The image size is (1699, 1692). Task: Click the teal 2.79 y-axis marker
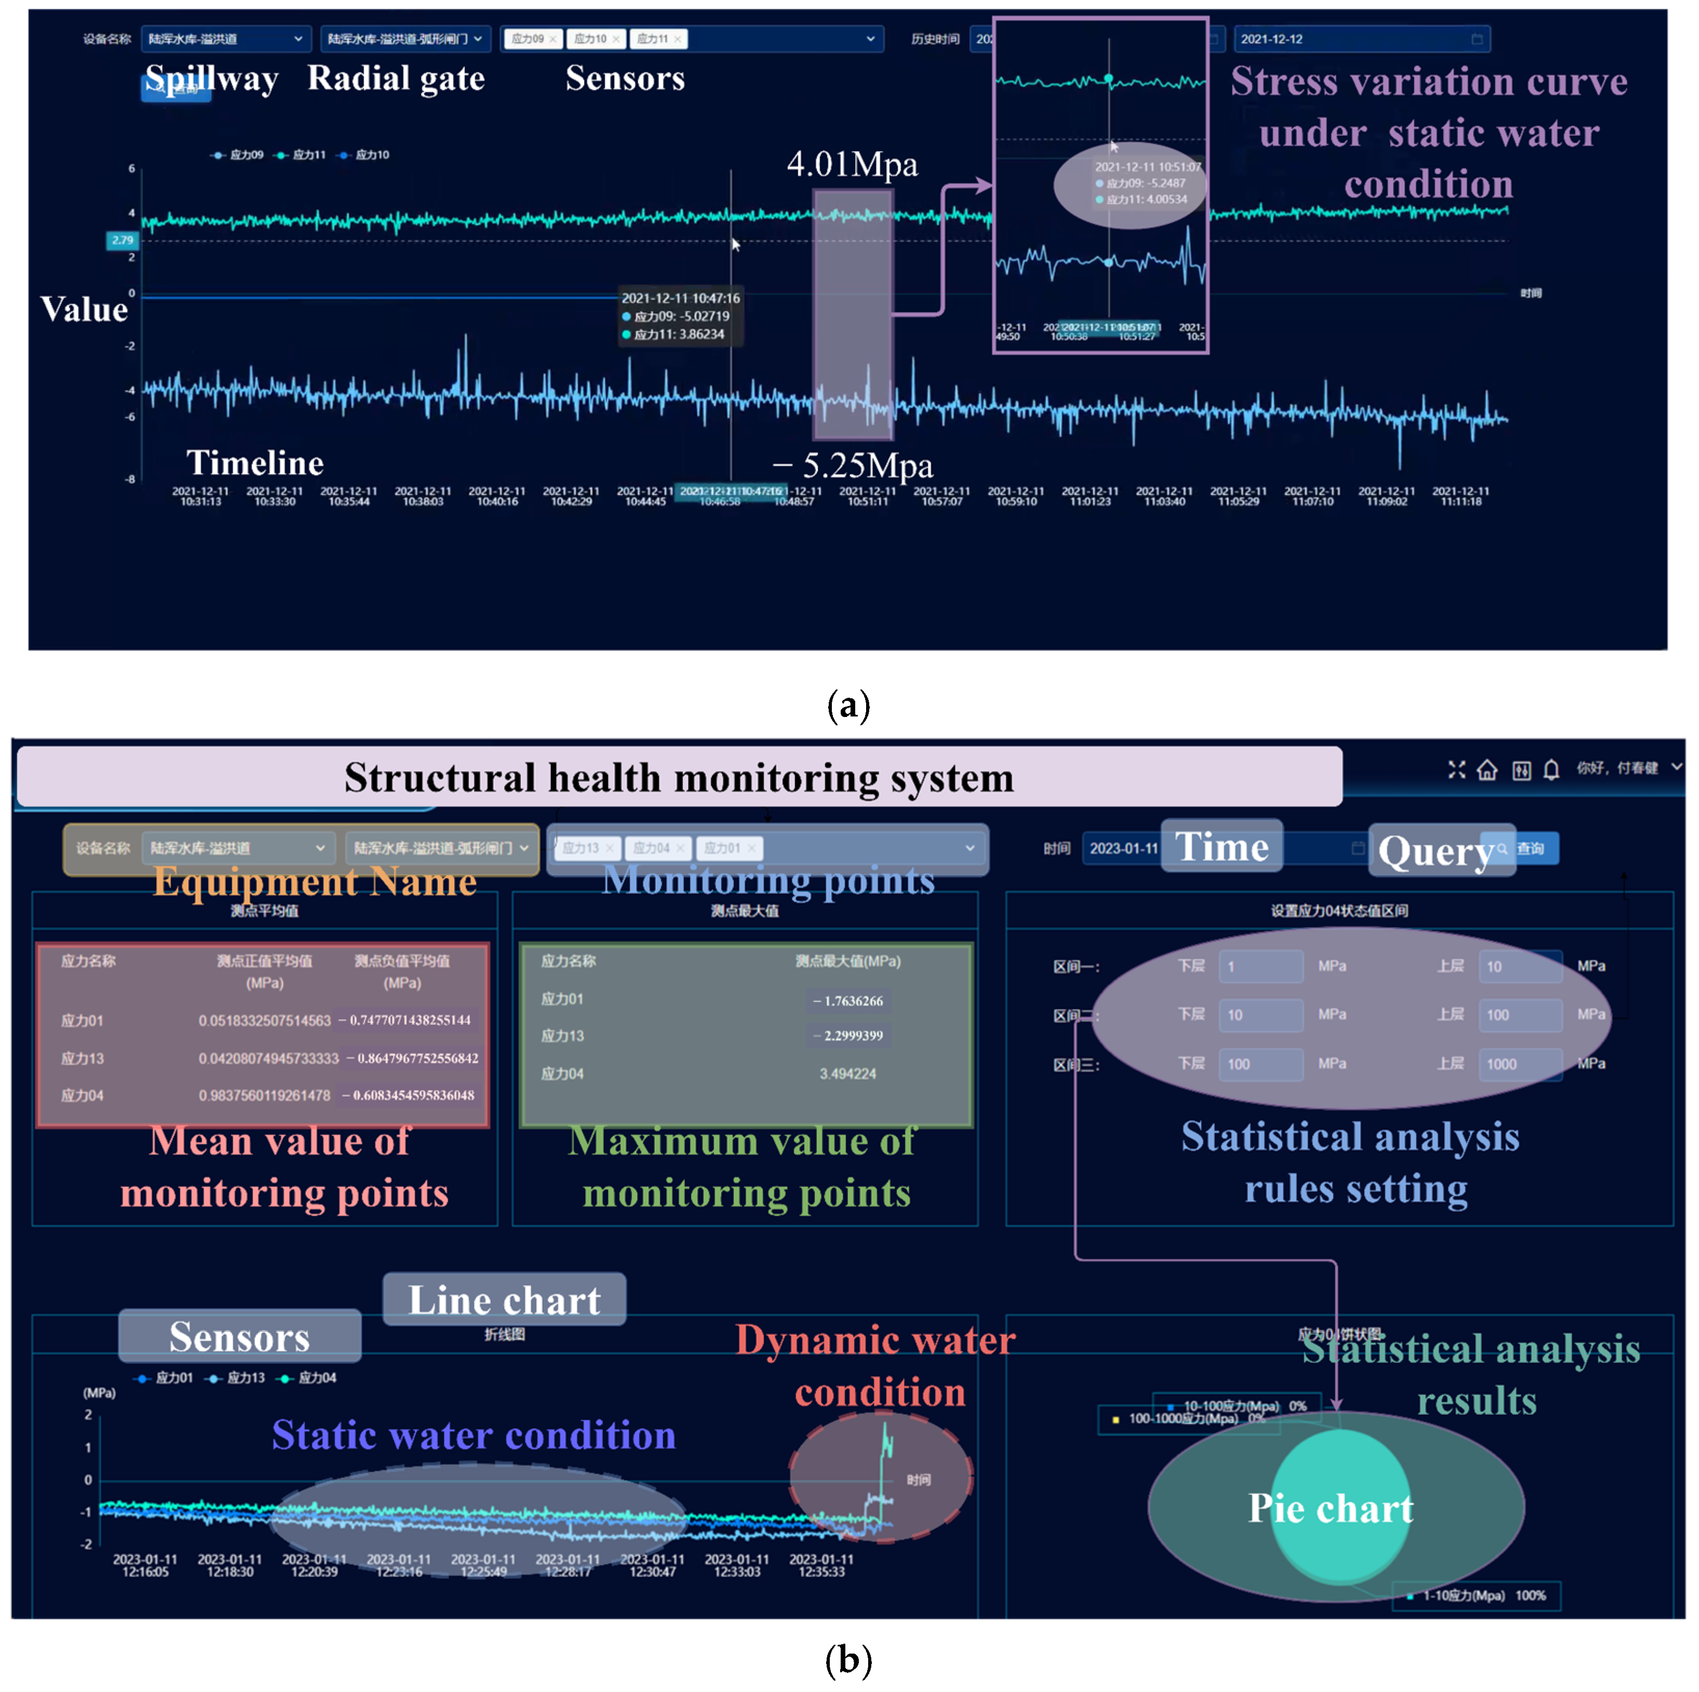point(122,240)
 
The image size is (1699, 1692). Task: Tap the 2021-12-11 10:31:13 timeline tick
point(200,496)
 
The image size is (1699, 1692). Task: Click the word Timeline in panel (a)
point(255,463)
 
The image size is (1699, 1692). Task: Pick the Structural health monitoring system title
point(679,777)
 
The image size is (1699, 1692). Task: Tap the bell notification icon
point(1551,770)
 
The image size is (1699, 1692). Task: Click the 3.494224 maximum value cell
point(848,1074)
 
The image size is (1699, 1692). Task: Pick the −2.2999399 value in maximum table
point(848,1036)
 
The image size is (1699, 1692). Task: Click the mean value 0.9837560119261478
point(264,1096)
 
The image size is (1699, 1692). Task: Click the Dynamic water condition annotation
point(877,1366)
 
